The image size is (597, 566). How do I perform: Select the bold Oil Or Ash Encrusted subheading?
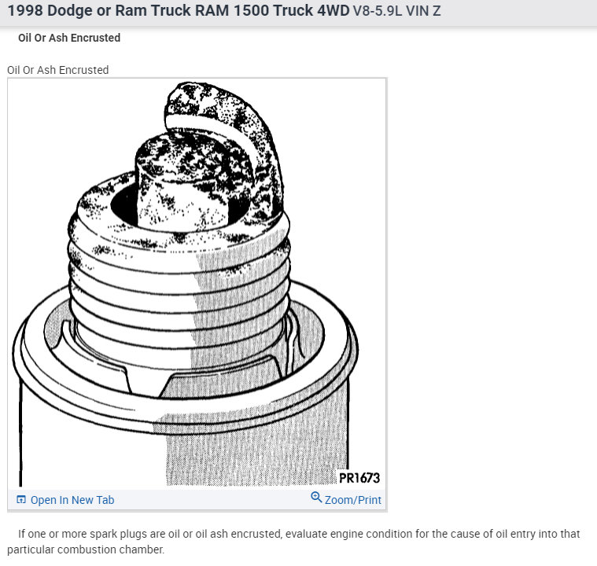point(69,38)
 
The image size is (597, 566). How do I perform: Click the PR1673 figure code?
point(359,477)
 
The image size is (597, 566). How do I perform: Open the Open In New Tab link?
point(72,500)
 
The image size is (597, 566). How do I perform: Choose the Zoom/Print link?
point(352,500)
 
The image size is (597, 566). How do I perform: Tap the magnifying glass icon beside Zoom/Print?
point(316,498)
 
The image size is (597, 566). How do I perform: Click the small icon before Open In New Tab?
point(21,500)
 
